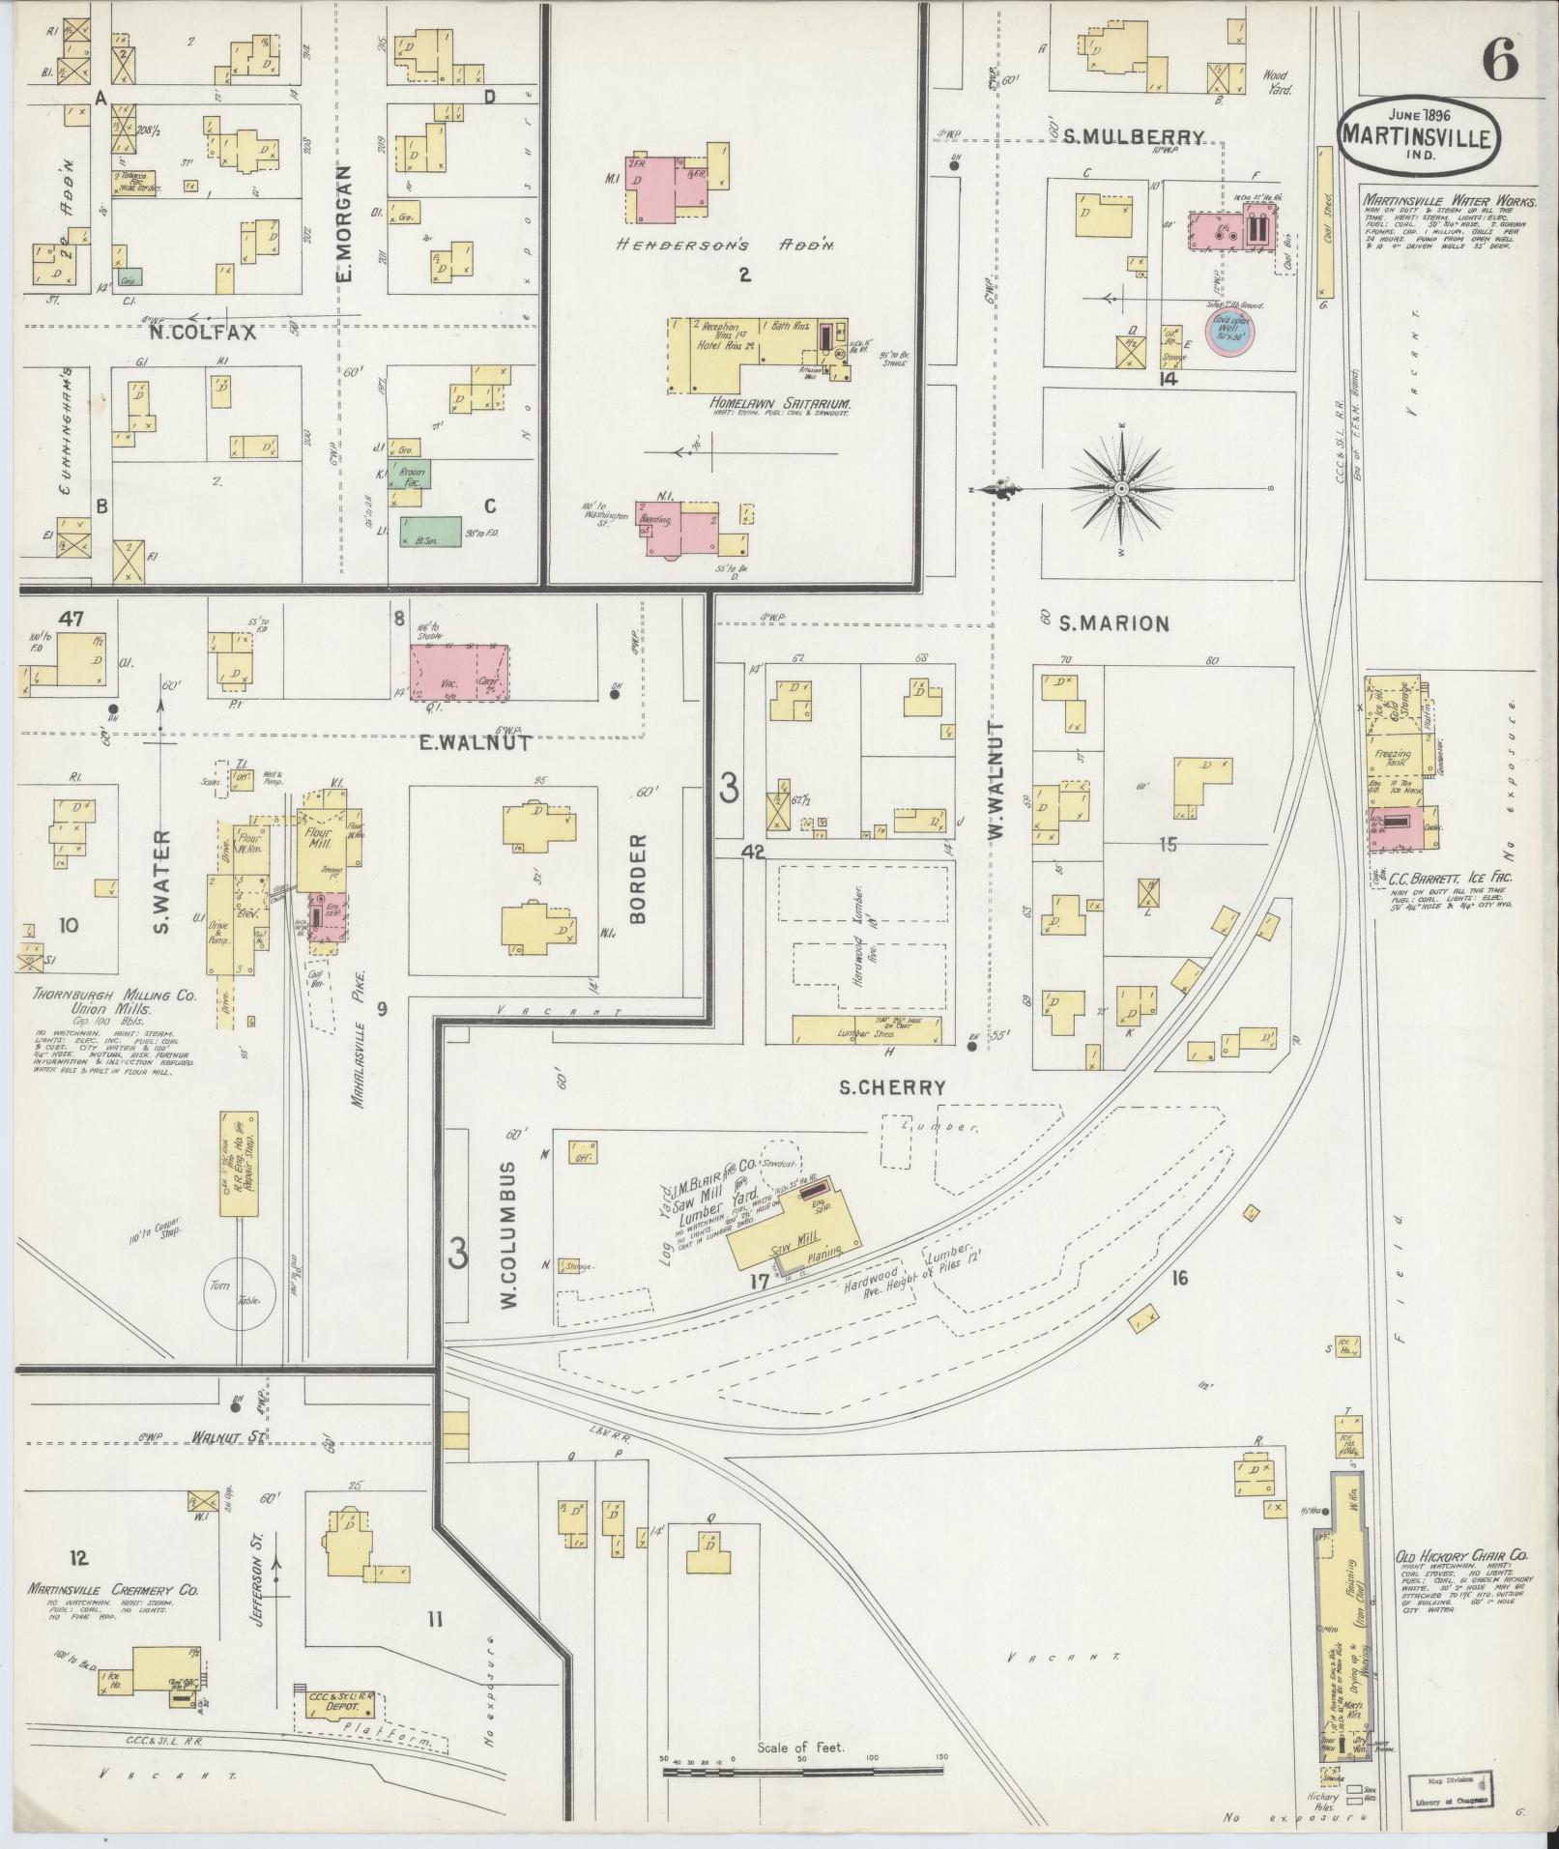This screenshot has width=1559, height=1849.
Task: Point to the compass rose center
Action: [x=1121, y=490]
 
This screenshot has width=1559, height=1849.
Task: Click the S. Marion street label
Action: [x=1114, y=623]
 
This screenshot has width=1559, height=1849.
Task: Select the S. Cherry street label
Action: [x=891, y=1087]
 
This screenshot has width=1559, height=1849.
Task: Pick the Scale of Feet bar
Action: [x=802, y=1771]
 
